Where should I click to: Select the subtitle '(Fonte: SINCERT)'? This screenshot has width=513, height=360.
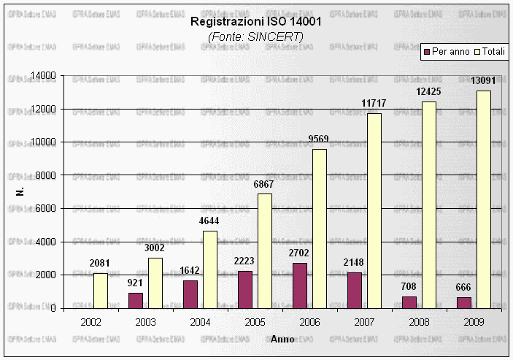click(255, 36)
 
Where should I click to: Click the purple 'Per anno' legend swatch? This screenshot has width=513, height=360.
click(427, 52)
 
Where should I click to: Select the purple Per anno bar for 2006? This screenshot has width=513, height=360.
click(300, 286)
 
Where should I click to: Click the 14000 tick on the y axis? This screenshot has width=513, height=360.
click(45, 76)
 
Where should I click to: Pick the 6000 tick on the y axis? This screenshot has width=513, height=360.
click(47, 209)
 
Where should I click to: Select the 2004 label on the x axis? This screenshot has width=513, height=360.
click(200, 322)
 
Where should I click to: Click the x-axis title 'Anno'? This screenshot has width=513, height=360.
click(282, 340)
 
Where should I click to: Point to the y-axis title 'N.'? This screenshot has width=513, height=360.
click(20, 192)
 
